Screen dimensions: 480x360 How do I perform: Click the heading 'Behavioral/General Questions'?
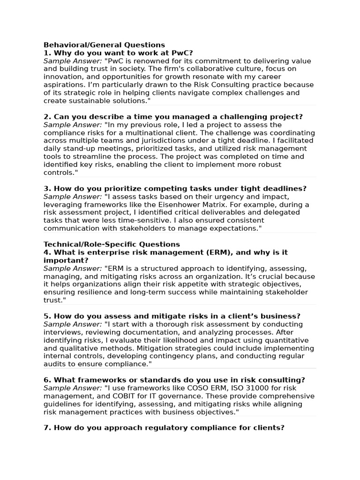(x=104, y=45)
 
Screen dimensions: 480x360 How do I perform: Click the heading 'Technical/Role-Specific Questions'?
(x=112, y=244)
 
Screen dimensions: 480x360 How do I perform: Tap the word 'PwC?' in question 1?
(x=182, y=53)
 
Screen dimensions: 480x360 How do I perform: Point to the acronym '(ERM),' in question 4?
(x=221, y=252)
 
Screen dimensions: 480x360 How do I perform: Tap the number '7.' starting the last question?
(x=47, y=427)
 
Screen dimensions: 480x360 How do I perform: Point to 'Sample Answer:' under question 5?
(x=73, y=324)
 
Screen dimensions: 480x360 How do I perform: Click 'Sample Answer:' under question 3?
(x=73, y=197)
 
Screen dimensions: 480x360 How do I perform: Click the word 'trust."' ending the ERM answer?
(x=55, y=300)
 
